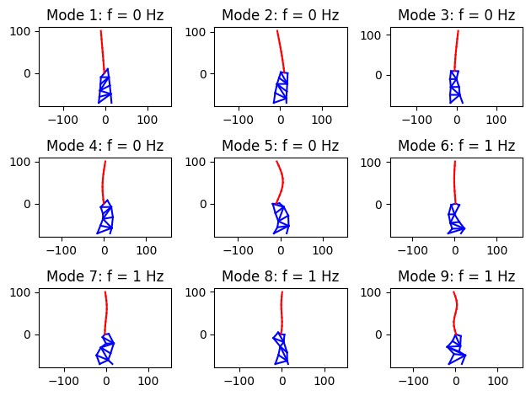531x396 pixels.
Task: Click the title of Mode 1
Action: pos(105,15)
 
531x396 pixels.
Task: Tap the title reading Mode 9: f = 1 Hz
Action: pos(456,276)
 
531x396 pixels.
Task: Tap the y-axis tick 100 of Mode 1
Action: pos(24,31)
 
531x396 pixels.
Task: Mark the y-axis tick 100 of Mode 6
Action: pos(375,162)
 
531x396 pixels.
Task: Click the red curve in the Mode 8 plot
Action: pos(282,312)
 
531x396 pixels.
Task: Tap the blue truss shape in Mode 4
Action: pos(106,217)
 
